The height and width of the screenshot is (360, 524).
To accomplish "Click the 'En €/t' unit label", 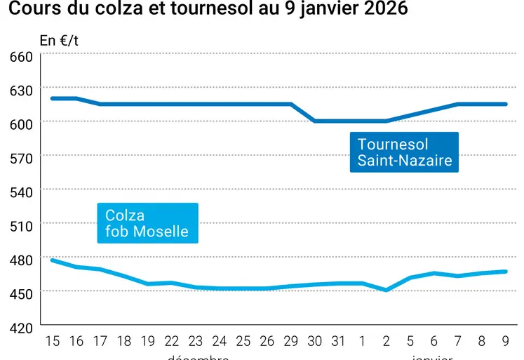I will [x=59, y=41].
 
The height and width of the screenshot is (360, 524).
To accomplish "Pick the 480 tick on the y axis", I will [x=20, y=259].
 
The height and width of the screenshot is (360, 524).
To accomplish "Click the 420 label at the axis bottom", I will [x=20, y=326].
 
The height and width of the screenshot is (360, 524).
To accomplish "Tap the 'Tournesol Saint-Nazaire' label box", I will [x=404, y=152].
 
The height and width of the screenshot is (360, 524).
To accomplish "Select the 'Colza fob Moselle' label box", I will [x=147, y=223].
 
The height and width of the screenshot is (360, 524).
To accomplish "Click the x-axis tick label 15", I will [x=53, y=342].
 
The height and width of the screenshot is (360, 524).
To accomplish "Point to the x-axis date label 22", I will [x=171, y=342].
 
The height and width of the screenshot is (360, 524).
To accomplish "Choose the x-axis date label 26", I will [x=267, y=342].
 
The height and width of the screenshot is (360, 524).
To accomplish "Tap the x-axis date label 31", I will [x=338, y=342].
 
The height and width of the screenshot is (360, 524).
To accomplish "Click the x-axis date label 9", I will [x=505, y=342].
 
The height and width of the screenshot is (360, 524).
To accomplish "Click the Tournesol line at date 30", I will [x=315, y=121].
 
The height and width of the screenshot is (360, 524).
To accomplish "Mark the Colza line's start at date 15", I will [x=53, y=260].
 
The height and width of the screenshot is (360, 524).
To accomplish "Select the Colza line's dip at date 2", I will [x=387, y=290].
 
